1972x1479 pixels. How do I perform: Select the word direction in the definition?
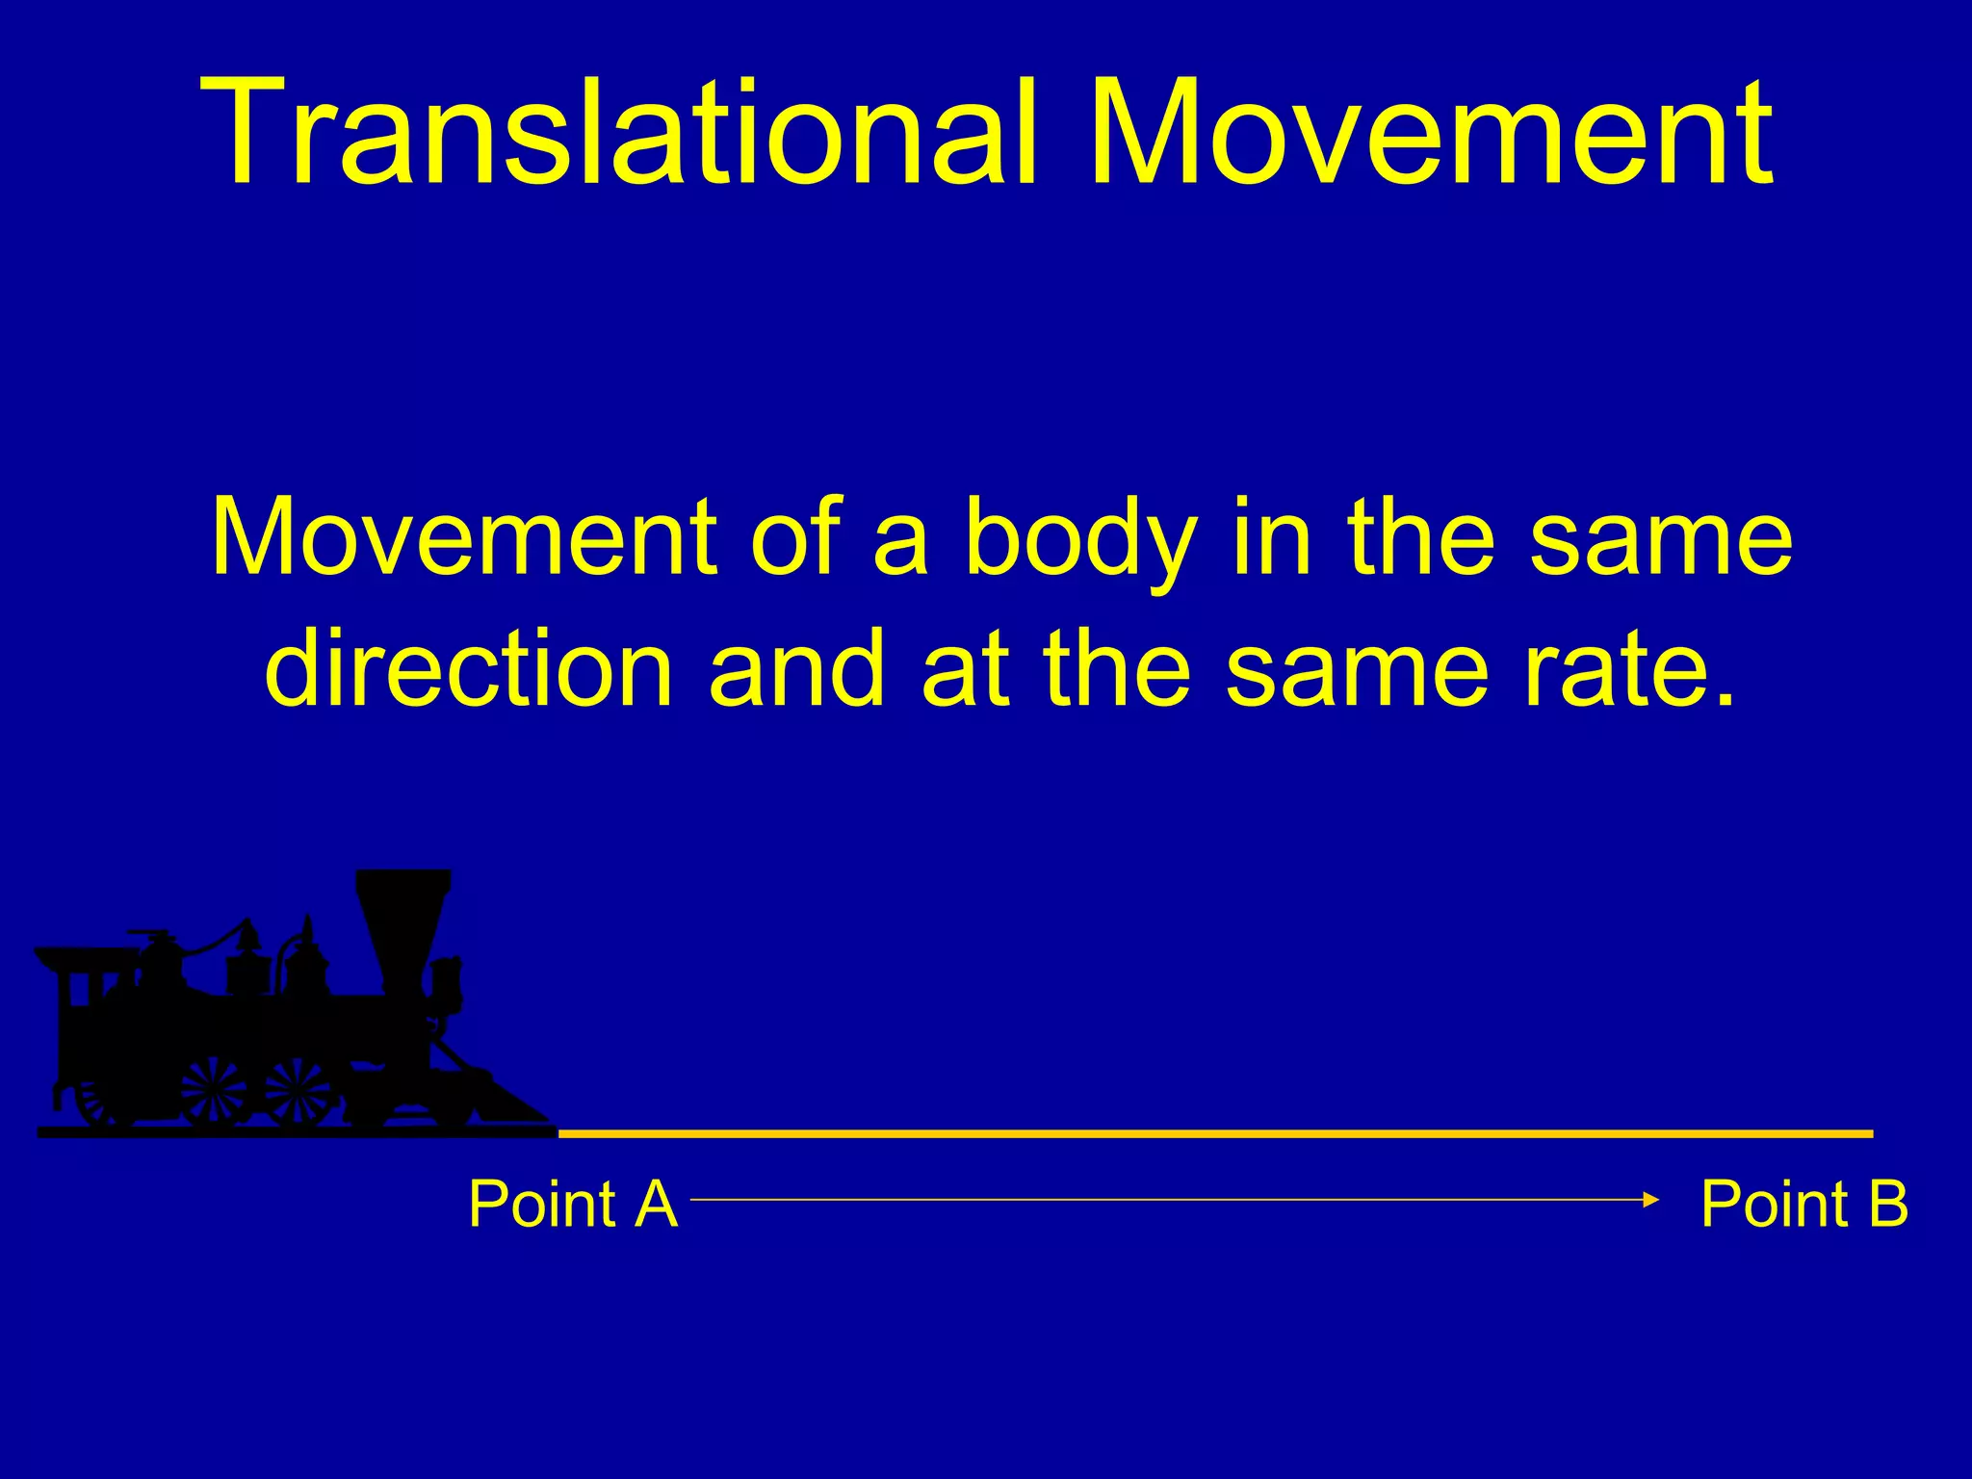pos(469,669)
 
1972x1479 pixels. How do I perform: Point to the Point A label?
pos(572,1204)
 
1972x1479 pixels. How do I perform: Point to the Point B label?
pos(1803,1204)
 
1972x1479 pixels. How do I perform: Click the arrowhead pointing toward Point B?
pos(1651,1199)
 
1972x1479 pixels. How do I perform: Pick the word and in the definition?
pos(795,669)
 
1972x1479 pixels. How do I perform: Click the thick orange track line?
pos(1213,1134)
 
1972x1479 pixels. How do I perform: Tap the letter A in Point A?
pos(656,1204)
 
